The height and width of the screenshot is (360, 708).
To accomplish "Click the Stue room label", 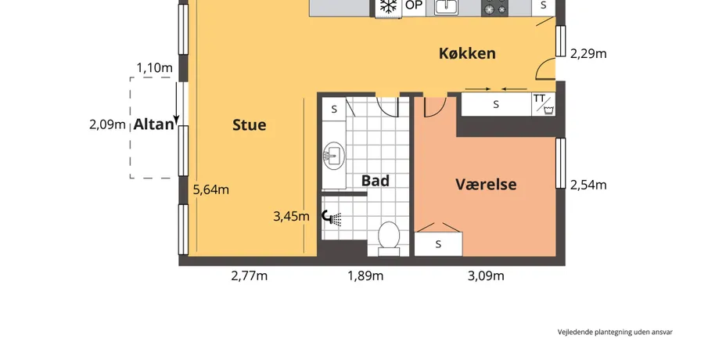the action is pos(249,125).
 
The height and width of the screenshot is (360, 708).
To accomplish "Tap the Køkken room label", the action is pos(467,53).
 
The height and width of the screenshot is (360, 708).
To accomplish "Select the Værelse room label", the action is pos(486,184).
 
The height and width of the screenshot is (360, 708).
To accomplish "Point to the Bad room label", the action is pos(376,181).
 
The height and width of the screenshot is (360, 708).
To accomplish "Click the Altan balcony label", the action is pos(153,124).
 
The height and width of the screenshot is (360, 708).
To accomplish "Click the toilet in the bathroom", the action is pos(389,236).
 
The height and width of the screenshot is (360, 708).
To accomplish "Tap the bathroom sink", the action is pos(334,157).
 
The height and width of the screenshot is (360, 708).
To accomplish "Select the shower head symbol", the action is pos(332,218).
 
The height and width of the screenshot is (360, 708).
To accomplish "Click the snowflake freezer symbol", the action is pos(388,6).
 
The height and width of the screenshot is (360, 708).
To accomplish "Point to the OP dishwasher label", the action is pos(414,5).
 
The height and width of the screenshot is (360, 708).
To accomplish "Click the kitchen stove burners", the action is pos(495,8).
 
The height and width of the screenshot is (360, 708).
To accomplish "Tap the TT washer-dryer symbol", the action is pos(544,104).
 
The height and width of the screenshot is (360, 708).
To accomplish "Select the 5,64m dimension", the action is pos(211,189).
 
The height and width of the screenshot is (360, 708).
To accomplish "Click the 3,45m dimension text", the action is pos(291,216).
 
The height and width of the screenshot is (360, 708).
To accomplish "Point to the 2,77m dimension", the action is pos(250,275).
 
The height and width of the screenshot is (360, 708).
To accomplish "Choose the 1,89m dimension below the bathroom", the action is pos(365,275).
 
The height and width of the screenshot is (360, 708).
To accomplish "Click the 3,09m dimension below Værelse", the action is pos(486,275).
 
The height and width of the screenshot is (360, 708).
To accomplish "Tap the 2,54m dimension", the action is pos(588,185).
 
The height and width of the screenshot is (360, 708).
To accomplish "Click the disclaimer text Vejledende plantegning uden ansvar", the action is pos(615,332).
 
